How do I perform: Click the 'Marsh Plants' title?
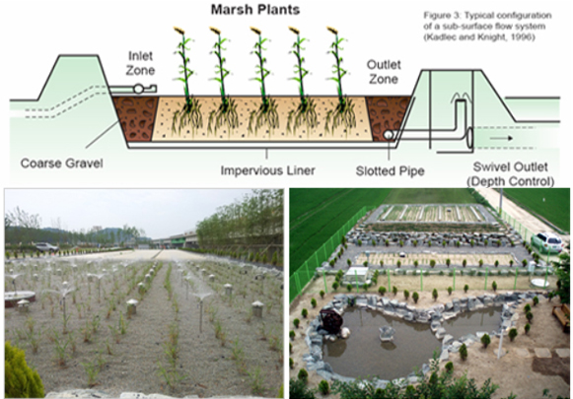255,10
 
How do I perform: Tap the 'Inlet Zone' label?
140,63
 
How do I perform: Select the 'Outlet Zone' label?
384,72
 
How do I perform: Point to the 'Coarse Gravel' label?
62,164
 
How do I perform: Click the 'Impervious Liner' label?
268,170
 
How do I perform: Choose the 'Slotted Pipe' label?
390,171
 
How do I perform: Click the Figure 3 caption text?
487,27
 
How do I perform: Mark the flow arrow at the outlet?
501,138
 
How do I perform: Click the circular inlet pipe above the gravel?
138,89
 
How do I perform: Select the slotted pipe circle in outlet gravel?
388,135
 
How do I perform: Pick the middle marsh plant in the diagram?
261,81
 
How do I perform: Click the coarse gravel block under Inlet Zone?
135,118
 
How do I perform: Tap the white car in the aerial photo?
547,242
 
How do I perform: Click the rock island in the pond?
387,333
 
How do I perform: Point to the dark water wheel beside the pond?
331,320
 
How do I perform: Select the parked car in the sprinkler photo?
46,247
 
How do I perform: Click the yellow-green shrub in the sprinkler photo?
21,372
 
